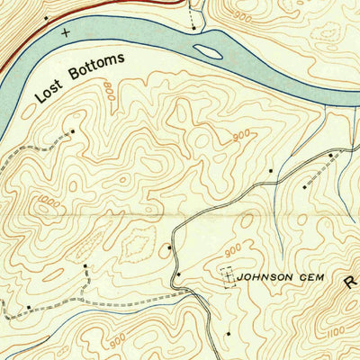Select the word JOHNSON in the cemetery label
(x=265, y=278)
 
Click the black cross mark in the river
(x=64, y=31)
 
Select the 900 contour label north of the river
(x=241, y=15)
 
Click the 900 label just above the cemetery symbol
(x=233, y=249)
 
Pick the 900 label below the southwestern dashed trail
(x=115, y=342)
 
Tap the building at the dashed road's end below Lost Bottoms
(x=73, y=131)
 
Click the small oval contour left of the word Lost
(x=30, y=109)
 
